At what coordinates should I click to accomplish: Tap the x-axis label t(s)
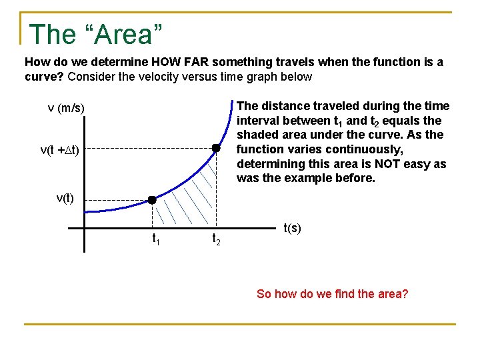click(293, 228)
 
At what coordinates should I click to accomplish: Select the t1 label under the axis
click(155, 238)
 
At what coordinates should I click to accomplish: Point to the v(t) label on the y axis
click(65, 199)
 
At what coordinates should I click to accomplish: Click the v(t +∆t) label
click(60, 151)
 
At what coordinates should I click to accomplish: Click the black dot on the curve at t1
click(152, 200)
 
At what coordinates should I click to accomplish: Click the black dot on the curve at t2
click(216, 148)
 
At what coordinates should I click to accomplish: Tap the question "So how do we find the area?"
click(332, 294)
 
